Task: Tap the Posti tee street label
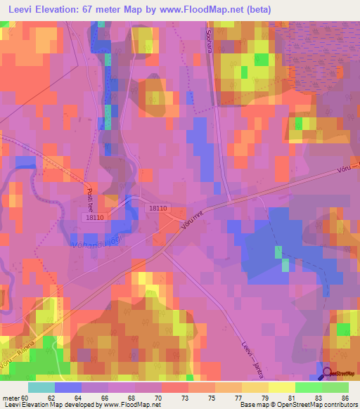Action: click(90, 192)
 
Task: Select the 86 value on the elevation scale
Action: click(345, 397)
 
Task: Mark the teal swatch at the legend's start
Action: click(41, 387)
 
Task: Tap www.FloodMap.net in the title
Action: click(204, 9)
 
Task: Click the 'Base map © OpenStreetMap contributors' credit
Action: click(298, 405)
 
